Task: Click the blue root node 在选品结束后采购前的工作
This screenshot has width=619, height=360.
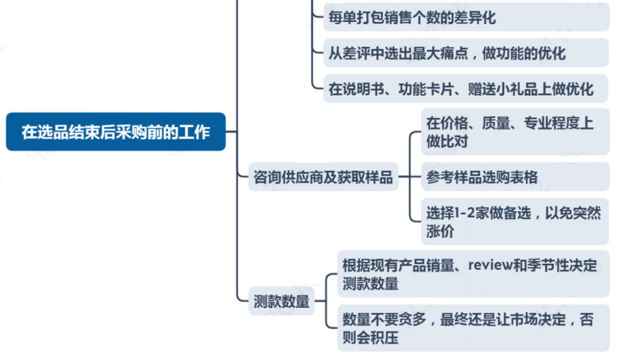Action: point(116,132)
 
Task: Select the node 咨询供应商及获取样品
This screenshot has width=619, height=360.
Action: point(323,178)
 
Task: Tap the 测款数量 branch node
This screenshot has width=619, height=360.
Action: point(281,301)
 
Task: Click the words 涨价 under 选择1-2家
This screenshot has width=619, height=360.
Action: point(440,232)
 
